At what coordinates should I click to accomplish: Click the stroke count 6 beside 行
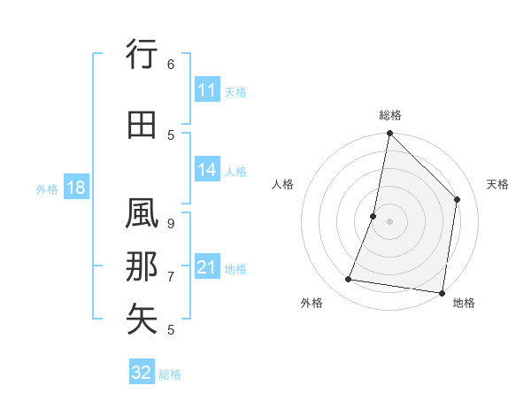pos(171,64)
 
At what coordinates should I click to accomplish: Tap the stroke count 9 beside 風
pos(171,223)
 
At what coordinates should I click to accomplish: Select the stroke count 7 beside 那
pos(171,276)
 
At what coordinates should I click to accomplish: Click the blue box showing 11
pos(207,90)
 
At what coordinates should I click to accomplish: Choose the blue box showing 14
pos(207,171)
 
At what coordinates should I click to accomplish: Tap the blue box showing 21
pos(207,267)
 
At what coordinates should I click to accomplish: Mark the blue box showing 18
pos(75,188)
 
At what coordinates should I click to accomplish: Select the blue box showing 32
pos(142,373)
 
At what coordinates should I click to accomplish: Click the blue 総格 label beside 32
pos(170,374)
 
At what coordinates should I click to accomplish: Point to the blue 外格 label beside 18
pos(47,189)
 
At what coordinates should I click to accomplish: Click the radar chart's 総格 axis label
pos(390,115)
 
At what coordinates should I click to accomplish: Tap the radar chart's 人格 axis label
pos(282,184)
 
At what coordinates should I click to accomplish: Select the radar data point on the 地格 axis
pos(442,292)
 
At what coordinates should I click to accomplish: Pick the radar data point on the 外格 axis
pos(349,280)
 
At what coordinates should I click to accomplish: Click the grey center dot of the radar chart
pos(389,221)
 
